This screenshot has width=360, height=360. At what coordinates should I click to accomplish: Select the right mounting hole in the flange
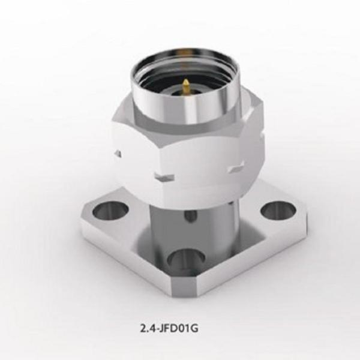tap(277, 209)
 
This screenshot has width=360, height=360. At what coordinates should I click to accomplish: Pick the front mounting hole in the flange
tap(185, 260)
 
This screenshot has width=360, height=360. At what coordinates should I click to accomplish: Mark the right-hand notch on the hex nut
tap(233, 172)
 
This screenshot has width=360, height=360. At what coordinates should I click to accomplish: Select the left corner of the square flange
tap(84, 225)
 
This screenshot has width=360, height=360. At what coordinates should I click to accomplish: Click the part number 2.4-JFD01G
tap(179, 328)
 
